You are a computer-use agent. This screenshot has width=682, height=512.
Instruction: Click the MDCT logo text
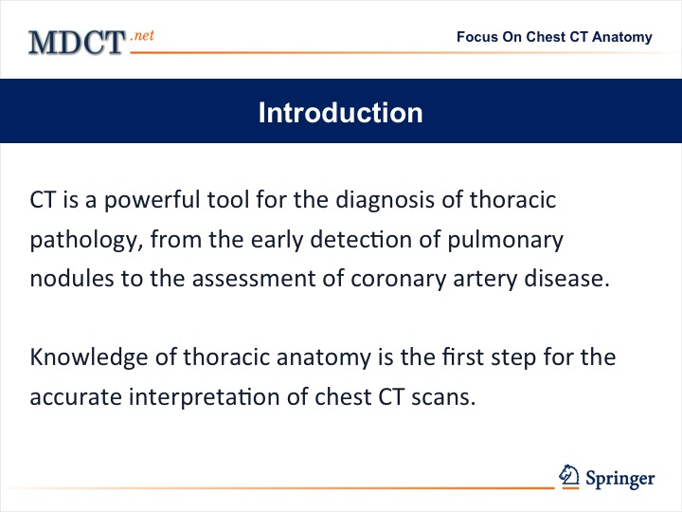77,43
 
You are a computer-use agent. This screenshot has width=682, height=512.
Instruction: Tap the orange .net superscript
142,35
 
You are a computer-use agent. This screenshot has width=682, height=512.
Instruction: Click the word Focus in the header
477,37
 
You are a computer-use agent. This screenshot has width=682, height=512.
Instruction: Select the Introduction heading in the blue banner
341,113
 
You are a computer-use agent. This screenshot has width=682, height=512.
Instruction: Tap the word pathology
86,240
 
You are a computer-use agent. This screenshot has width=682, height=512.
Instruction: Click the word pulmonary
506,240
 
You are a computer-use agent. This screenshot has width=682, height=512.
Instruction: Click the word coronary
398,280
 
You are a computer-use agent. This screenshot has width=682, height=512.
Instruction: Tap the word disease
566,279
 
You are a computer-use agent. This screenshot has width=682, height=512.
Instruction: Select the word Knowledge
89,357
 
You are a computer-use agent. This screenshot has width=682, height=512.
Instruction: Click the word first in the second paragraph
463,357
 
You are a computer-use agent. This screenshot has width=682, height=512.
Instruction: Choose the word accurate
76,397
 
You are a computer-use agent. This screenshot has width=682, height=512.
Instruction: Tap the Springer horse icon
569,475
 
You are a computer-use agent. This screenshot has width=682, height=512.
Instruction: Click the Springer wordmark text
619,479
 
